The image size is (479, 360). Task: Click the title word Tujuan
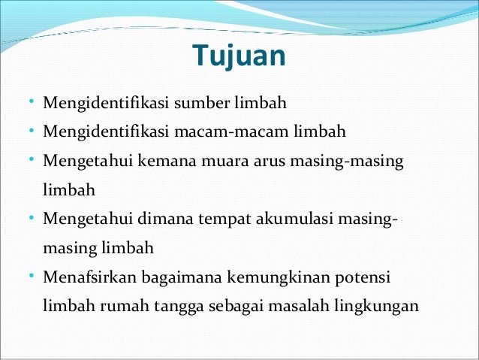coord(239,56)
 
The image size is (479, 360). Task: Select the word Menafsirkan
coord(86,277)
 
